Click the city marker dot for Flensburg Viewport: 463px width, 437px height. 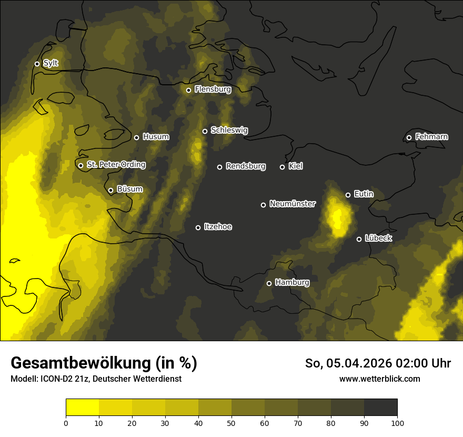point(188,90)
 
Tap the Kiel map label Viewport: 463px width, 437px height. point(296,166)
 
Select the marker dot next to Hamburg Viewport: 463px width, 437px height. point(269,283)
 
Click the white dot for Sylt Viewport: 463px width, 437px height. point(37,64)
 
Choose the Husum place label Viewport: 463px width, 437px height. point(156,137)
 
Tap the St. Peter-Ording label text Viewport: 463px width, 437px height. point(116,165)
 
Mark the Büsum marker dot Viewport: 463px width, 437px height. point(110,190)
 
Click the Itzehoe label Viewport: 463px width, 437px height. point(218,227)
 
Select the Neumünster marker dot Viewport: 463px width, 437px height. point(263,205)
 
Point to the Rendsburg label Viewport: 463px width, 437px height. point(246,166)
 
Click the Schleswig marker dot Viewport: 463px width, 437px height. point(205,131)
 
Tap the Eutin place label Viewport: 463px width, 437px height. point(364,194)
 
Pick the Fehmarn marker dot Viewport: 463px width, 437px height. point(409,137)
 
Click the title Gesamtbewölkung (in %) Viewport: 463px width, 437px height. point(104,363)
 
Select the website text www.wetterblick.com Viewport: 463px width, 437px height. point(379,379)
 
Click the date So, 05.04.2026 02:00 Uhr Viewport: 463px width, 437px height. point(378,363)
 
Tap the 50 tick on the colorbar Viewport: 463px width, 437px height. point(231,422)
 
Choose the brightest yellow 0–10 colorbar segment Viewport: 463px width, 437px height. point(82,407)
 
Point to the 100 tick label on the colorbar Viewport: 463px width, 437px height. point(397,422)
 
